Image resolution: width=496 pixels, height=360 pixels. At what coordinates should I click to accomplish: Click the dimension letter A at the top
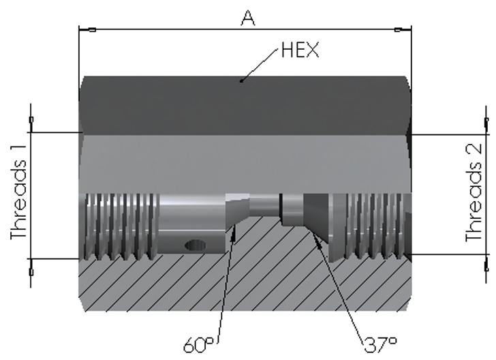(248, 18)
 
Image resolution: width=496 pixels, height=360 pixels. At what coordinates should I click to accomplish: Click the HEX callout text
(300, 50)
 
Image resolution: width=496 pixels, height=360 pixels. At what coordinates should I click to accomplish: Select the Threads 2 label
(474, 192)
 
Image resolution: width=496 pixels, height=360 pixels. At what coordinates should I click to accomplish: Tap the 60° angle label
(199, 345)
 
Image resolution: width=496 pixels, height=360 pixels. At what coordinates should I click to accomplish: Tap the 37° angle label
(381, 345)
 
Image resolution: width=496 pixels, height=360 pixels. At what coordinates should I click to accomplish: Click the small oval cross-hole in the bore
(195, 245)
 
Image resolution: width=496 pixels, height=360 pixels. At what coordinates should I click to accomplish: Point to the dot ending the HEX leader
(241, 80)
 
